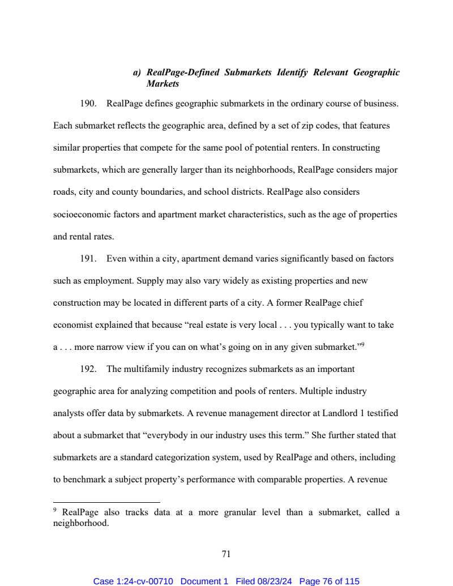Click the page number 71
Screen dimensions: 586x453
[226, 554]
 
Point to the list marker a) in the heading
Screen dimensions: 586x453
[137, 72]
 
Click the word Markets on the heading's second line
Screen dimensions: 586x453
[163, 84]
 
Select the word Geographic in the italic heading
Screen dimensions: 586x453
[376, 72]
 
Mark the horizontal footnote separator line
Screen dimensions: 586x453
[106, 502]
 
